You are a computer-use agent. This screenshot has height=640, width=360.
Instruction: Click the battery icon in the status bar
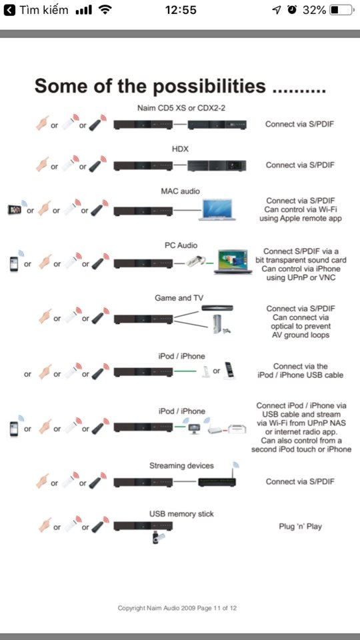tap(341, 10)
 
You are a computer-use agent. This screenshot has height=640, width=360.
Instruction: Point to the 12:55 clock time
tap(181, 10)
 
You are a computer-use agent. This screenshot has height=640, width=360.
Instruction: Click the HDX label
tap(179, 149)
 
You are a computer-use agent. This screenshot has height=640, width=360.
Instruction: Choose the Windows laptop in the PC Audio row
tap(233, 261)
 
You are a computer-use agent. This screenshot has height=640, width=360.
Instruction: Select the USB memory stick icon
tap(158, 537)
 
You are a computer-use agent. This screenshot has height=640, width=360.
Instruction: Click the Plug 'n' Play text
tap(300, 527)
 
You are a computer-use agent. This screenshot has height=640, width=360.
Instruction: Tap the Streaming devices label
tap(181, 466)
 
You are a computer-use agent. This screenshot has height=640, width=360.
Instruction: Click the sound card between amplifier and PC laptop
tap(196, 261)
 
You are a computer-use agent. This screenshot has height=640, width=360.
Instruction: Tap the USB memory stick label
tap(181, 514)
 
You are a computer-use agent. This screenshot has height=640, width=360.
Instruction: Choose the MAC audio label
tap(180, 191)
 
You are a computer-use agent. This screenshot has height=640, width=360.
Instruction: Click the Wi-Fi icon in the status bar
tap(105, 10)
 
